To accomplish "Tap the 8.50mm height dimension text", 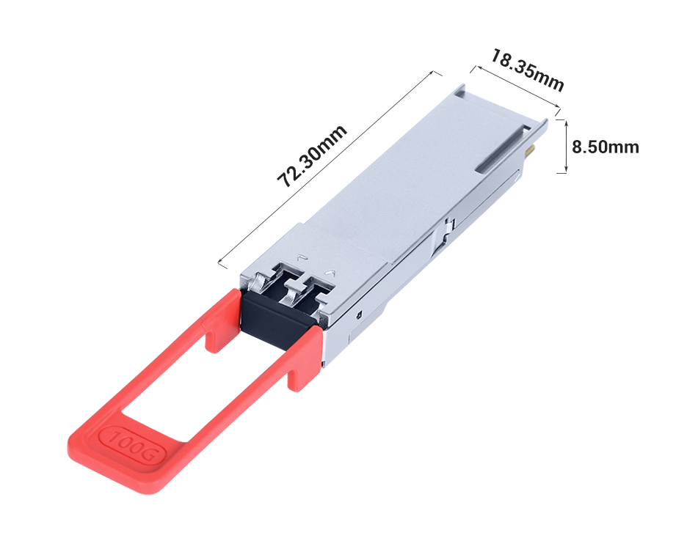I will point(605,147).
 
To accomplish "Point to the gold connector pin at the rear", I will point(531,152).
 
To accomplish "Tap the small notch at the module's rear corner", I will point(459,91).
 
